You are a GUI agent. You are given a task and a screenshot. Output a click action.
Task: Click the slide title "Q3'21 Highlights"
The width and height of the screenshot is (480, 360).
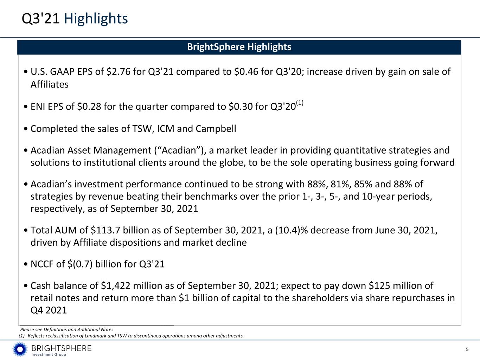(75, 19)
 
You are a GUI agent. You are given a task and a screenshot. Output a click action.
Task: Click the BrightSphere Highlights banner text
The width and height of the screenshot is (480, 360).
(239, 47)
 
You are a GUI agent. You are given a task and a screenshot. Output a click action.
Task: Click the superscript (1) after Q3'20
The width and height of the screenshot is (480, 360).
(300, 103)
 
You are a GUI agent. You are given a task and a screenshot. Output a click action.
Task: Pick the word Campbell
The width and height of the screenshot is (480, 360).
(216, 129)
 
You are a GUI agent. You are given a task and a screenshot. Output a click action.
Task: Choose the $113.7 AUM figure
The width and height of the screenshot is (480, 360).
(105, 230)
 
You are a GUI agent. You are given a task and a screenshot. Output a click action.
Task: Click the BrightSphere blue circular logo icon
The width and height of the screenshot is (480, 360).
(20, 349)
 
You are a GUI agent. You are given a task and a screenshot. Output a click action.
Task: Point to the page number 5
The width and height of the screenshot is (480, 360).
(467, 349)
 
